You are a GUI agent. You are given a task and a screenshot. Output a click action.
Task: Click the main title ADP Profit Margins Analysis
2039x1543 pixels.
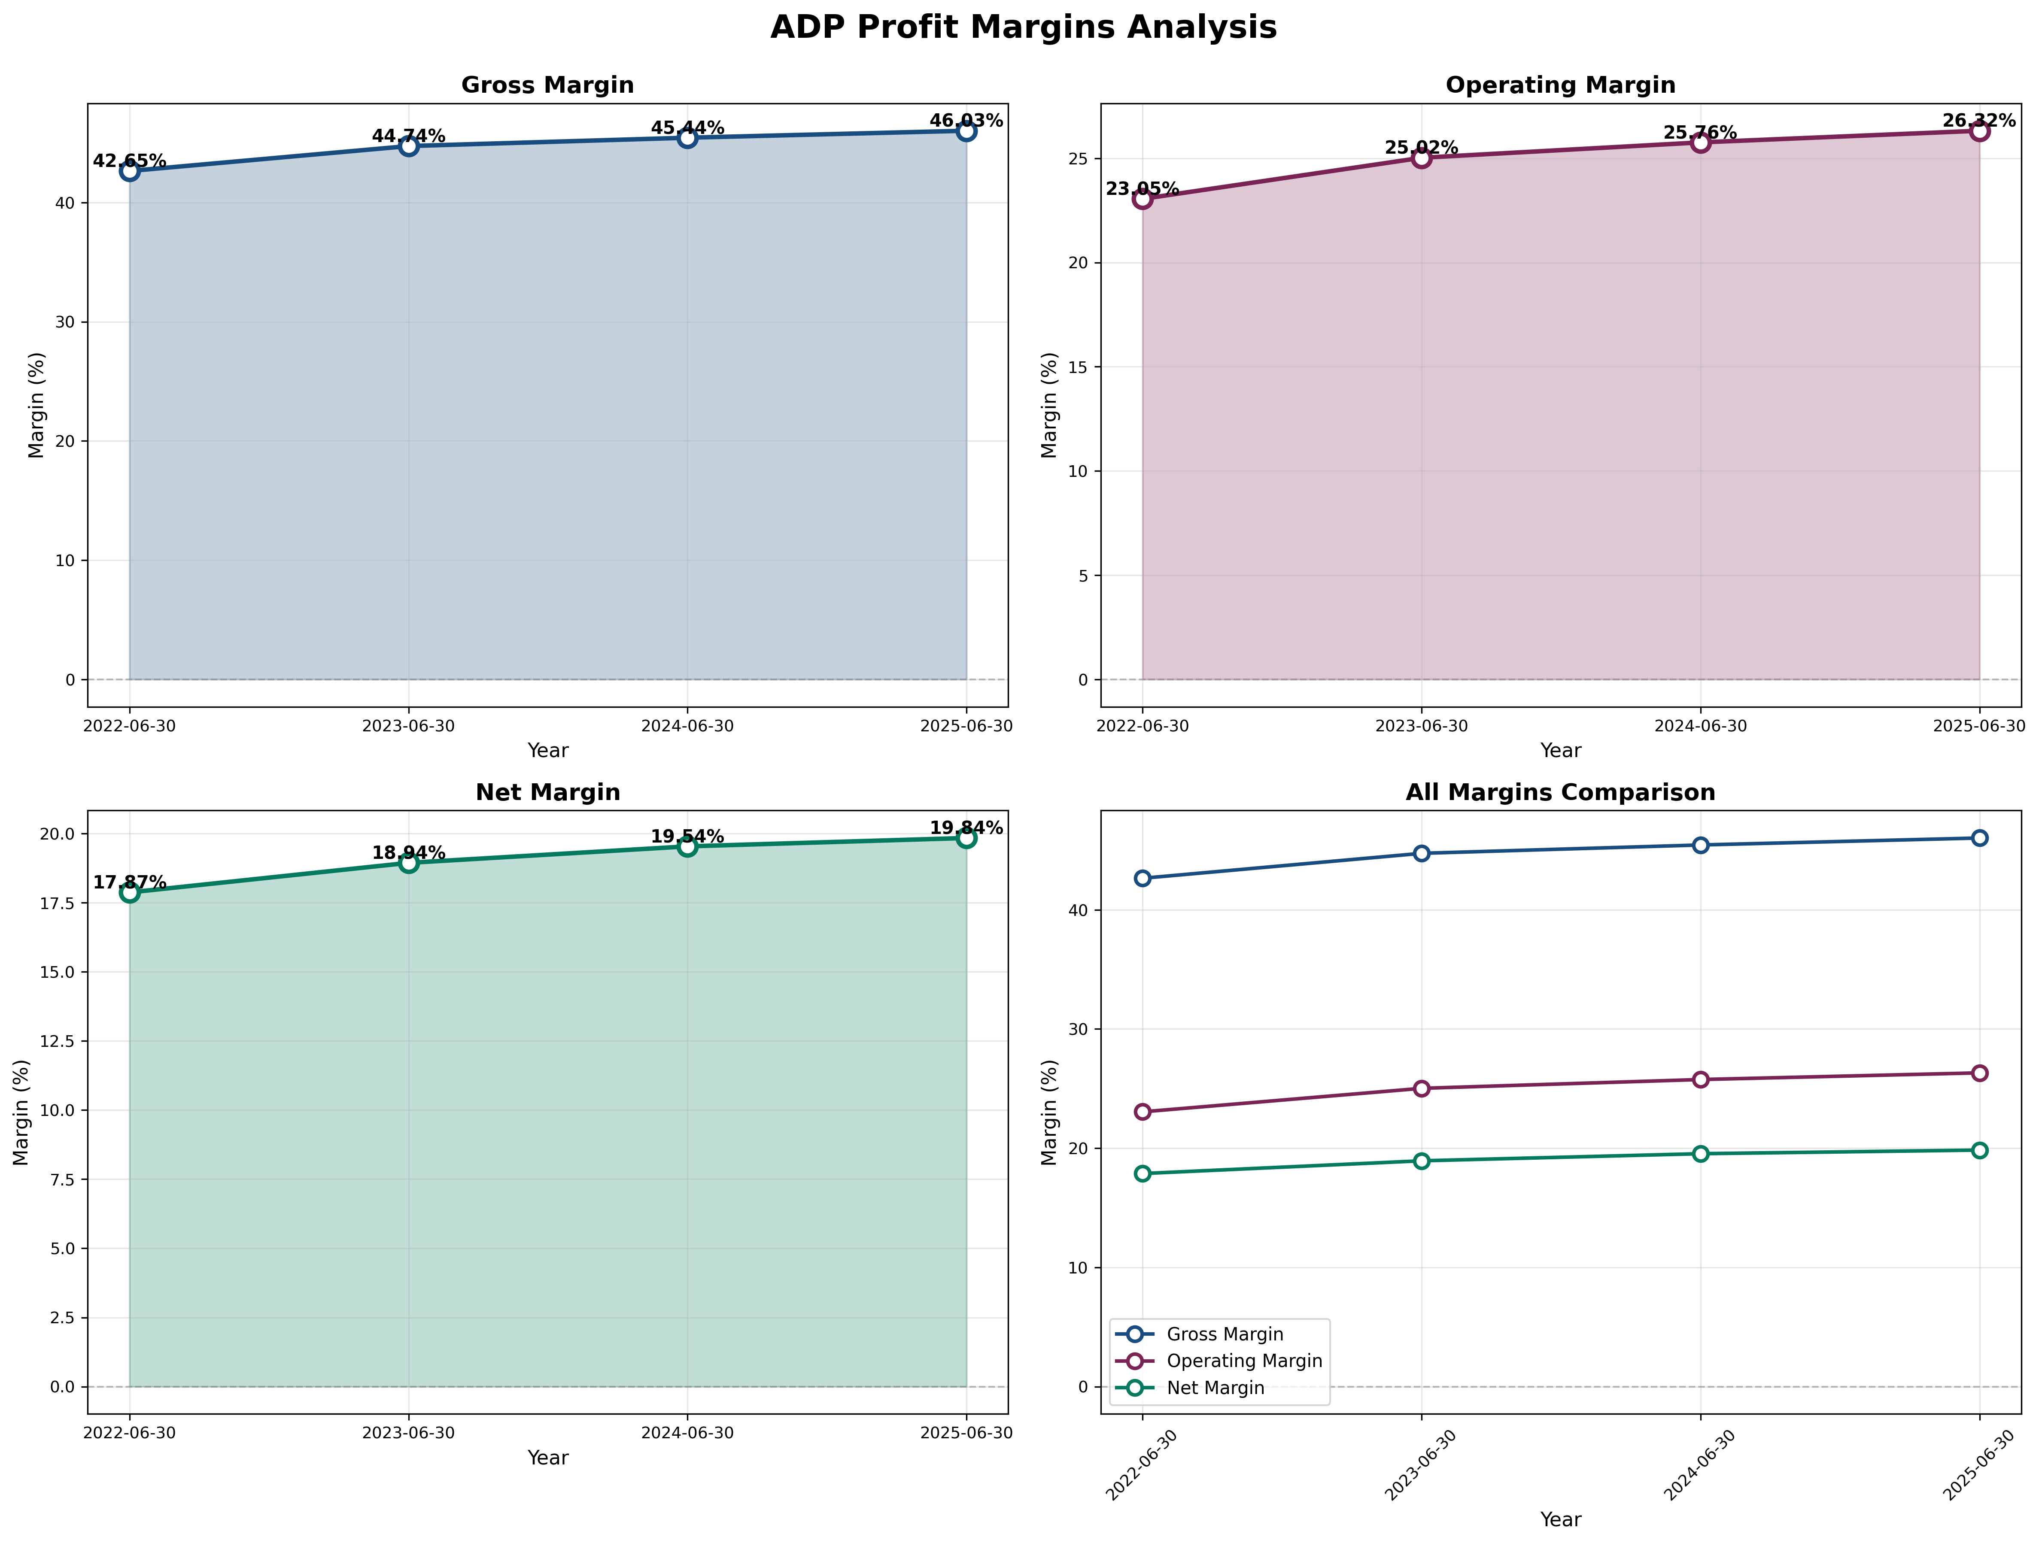[x=1023, y=27]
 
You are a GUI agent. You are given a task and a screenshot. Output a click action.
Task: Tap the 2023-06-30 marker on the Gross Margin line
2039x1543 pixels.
[x=408, y=146]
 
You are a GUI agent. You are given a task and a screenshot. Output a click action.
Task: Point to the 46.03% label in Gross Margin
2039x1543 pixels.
[x=965, y=121]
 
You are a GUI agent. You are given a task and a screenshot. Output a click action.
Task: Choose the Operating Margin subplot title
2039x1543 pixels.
[x=1560, y=85]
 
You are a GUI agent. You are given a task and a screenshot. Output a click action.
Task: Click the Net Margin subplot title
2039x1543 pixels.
[x=547, y=793]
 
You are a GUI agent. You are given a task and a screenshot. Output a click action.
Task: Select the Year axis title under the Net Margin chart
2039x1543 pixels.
[x=547, y=1457]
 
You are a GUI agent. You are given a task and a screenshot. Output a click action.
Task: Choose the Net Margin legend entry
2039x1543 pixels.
[x=1215, y=1387]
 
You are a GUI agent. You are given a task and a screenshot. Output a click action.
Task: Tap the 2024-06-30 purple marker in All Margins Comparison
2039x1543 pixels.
[x=1700, y=1079]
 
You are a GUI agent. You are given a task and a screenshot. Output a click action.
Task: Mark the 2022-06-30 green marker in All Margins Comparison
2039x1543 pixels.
[x=1142, y=1173]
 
